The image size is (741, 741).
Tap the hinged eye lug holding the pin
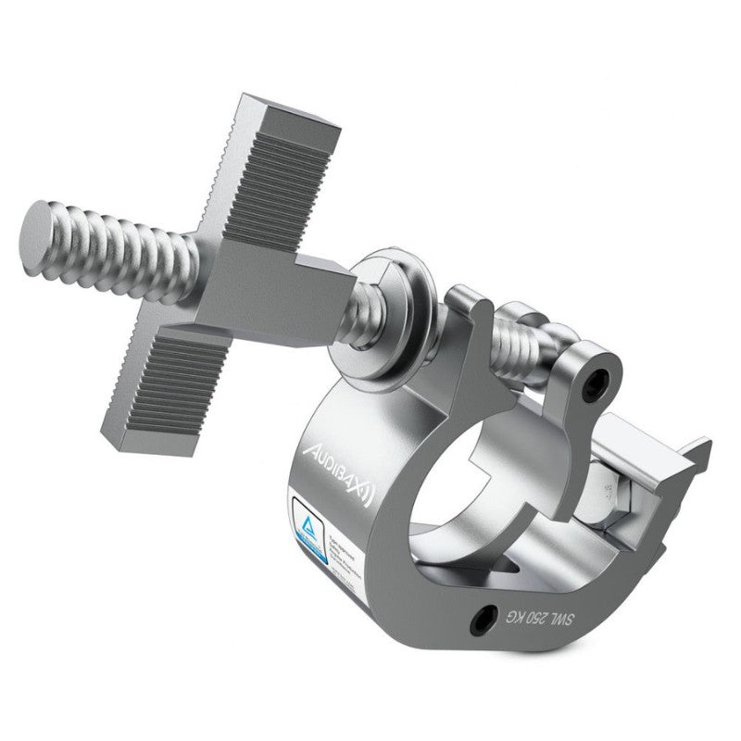click(x=584, y=375)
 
